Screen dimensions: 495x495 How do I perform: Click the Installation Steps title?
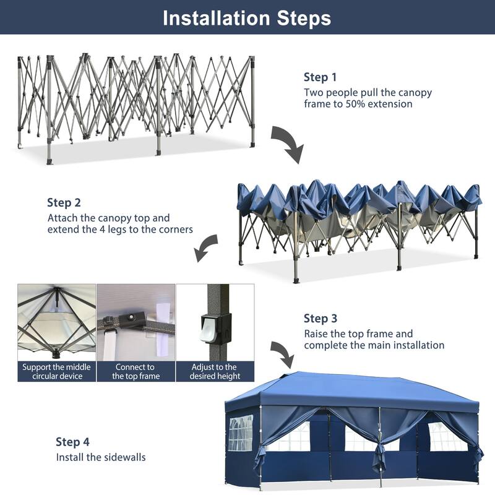coord(247,18)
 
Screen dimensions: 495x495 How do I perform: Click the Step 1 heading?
coord(320,77)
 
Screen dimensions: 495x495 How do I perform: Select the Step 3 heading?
coord(320,319)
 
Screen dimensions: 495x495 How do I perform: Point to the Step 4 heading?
coord(72,442)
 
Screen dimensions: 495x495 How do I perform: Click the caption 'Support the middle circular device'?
coord(56,371)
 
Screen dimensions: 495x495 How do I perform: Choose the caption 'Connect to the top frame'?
coord(136,371)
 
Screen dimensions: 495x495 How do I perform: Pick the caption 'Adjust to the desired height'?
coord(215,371)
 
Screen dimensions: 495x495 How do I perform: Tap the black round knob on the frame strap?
coord(131,319)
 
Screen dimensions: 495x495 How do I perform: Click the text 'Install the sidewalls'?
coord(101,458)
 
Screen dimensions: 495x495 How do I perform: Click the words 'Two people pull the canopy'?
coord(368,93)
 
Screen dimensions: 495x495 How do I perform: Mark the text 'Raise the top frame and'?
coord(358,334)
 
